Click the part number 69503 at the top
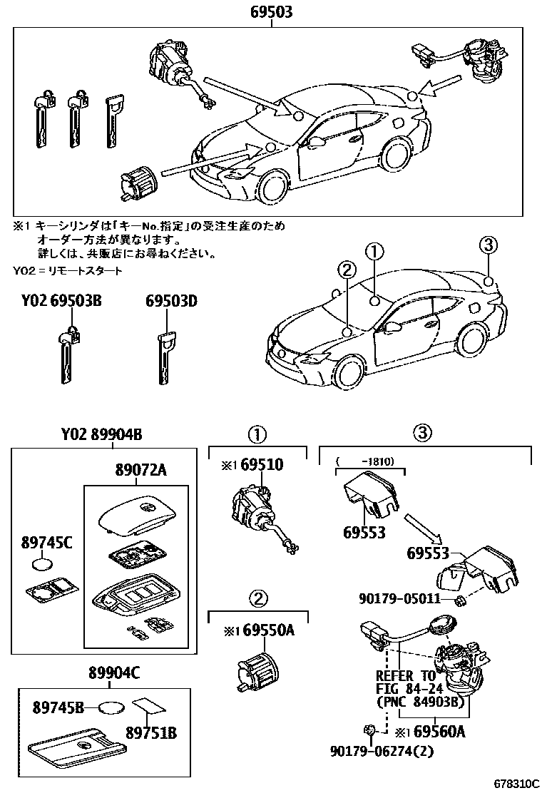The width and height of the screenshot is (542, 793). [271, 12]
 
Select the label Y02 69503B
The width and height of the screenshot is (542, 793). [61, 302]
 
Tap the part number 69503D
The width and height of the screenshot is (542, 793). [171, 302]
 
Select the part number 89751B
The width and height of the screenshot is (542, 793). [151, 732]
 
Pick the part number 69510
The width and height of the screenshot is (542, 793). [261, 465]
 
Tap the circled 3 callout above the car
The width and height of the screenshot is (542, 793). [487, 246]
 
